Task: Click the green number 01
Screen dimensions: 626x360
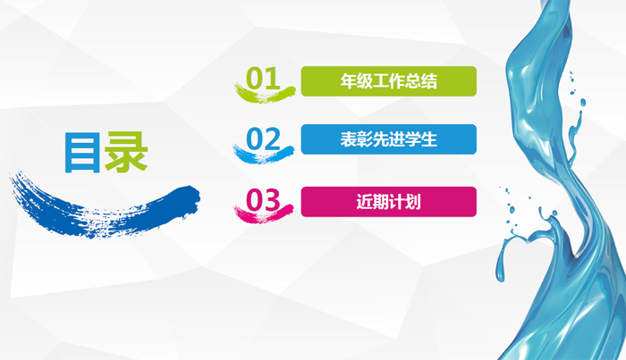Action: point(263,78)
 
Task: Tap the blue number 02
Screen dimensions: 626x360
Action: point(263,138)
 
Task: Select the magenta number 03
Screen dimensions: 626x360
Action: point(263,200)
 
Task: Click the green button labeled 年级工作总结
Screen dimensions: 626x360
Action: point(388,81)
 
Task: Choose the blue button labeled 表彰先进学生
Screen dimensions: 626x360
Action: point(388,139)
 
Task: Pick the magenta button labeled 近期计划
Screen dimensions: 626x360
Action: point(388,202)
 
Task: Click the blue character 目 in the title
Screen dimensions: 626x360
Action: point(82,152)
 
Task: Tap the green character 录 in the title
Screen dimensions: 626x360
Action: point(126,152)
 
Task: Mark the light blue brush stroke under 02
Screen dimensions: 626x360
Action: point(263,155)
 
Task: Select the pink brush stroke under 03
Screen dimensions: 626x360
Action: point(263,214)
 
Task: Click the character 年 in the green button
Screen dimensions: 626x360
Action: point(349,81)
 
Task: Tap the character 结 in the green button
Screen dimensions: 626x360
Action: point(428,81)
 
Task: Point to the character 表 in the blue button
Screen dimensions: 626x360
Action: point(349,139)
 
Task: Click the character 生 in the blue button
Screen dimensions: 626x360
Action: point(428,139)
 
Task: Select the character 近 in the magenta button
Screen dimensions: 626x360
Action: point(365,202)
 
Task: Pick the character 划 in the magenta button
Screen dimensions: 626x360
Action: point(413,202)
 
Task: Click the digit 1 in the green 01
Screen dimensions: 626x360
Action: point(273,78)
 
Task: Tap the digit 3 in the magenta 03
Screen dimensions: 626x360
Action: point(272,200)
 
